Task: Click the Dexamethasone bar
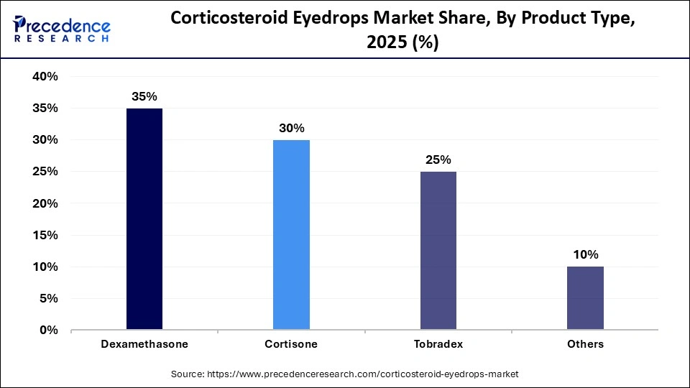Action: (144, 219)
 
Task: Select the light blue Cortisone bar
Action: (291, 235)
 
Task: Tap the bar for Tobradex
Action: (438, 251)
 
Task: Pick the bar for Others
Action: (585, 298)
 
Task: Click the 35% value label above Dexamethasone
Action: (144, 96)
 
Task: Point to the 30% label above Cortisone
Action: (291, 128)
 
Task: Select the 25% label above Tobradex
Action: (438, 160)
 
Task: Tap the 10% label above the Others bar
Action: (585, 254)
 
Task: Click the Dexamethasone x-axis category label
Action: (144, 344)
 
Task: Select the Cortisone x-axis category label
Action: (291, 344)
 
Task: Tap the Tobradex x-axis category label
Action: (438, 344)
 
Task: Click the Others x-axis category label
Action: (585, 344)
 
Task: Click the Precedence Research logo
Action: (61, 29)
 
